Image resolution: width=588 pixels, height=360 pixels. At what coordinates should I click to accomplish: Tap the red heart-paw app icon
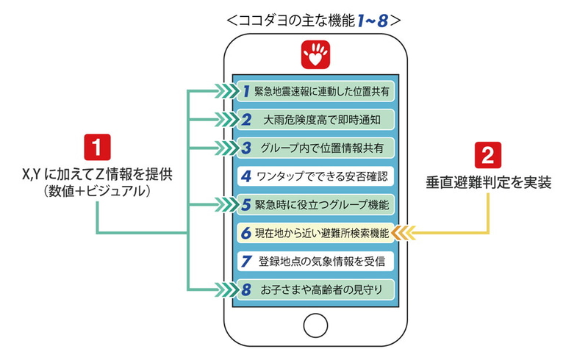tap(315, 54)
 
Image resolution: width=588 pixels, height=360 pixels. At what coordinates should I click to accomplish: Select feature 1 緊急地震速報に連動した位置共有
tap(316, 91)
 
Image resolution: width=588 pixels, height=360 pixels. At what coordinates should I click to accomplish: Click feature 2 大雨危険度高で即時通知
tap(316, 119)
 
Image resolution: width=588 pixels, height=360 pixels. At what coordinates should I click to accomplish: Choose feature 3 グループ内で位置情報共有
tap(316, 147)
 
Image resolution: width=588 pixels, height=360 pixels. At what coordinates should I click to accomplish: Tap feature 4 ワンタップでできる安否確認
tap(316, 176)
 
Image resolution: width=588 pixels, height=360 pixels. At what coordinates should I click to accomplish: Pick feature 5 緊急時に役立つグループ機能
tap(316, 204)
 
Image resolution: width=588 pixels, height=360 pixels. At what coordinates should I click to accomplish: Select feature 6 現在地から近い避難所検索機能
tap(316, 232)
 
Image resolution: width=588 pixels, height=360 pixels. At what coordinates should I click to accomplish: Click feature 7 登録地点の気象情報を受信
tap(316, 260)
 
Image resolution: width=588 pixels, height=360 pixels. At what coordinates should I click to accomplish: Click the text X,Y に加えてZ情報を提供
tap(97, 175)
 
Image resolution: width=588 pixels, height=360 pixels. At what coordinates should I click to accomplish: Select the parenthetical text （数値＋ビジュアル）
tap(97, 192)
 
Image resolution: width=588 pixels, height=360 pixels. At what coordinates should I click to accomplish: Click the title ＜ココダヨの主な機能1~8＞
tap(315, 21)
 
